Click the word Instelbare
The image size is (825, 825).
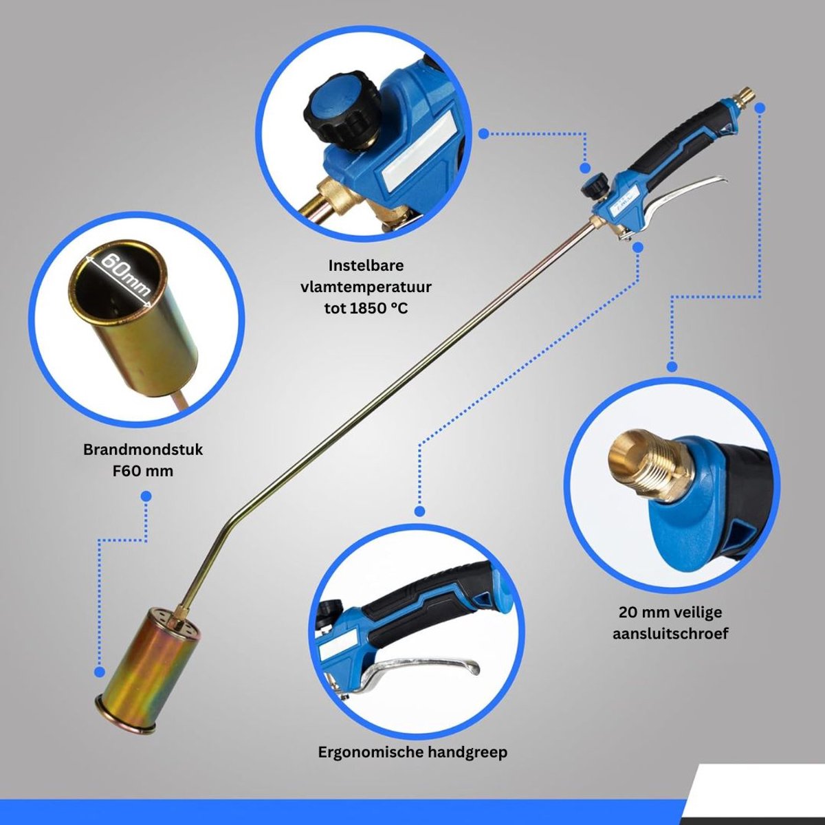(x=366, y=265)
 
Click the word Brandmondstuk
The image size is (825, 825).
(x=143, y=450)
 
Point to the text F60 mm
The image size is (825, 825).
(x=143, y=471)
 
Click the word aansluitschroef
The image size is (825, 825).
(x=670, y=634)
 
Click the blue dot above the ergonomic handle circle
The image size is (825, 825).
(x=420, y=511)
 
